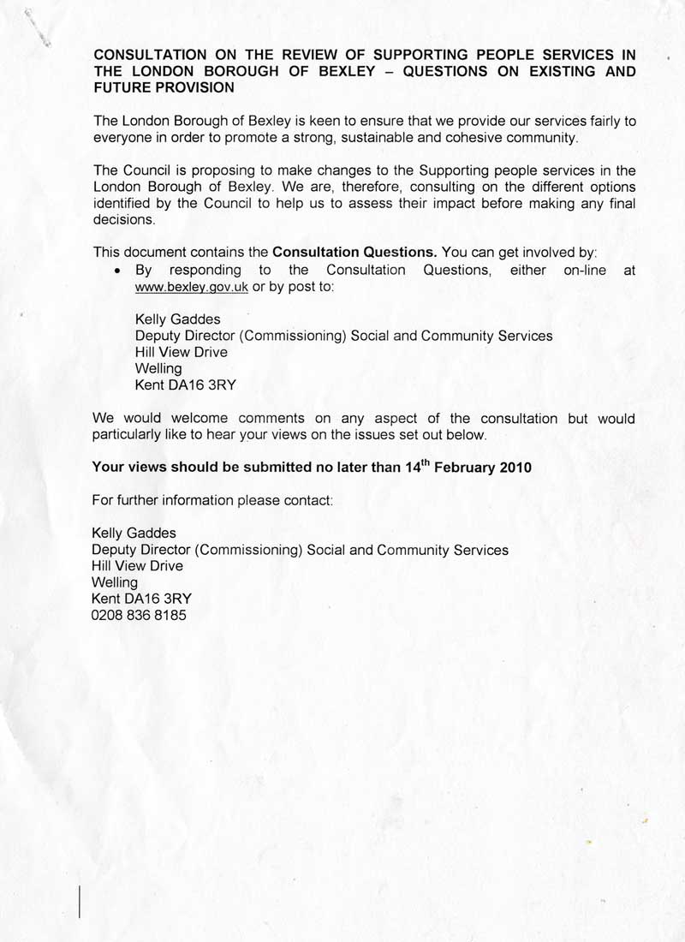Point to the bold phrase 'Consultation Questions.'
(x=354, y=253)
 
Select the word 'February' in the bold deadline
(x=469, y=468)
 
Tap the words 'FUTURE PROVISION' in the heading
(x=164, y=87)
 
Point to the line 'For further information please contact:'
(x=211, y=499)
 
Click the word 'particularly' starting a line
(x=128, y=434)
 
